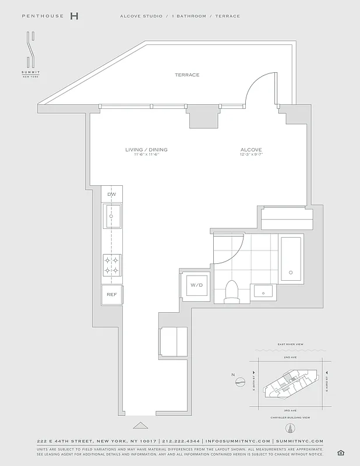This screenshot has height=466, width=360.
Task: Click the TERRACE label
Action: point(188,75)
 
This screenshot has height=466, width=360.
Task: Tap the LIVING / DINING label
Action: point(146,150)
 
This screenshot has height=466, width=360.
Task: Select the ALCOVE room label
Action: point(251,150)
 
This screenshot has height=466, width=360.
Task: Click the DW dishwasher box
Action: point(111,193)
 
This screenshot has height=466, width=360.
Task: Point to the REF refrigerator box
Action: point(111,295)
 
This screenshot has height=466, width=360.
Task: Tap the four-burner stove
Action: point(111,265)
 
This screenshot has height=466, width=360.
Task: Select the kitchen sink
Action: point(112,217)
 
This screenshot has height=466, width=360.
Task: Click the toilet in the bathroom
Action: point(232,291)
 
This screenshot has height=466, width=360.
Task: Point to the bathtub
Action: point(291,258)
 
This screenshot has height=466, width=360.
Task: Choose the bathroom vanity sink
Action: point(264,291)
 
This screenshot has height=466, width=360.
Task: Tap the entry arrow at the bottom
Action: point(140,425)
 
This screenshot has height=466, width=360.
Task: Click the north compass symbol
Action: point(240,382)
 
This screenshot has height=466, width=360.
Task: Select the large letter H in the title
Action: point(74,16)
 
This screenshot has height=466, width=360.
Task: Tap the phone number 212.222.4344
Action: point(181,442)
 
